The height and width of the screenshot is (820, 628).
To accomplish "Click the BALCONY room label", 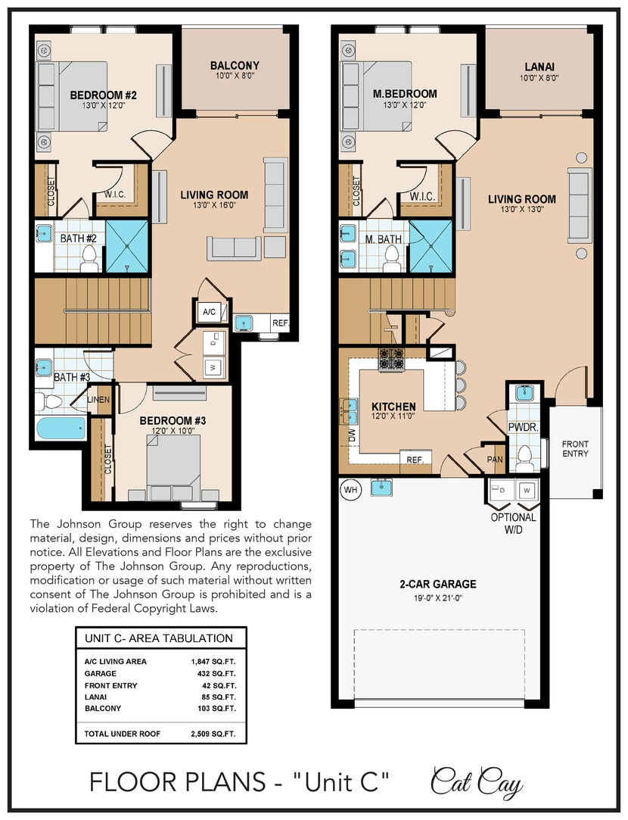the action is [x=235, y=66].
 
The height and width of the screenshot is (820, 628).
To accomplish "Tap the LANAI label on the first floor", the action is [x=539, y=67].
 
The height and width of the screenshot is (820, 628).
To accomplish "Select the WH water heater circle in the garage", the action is [x=350, y=489].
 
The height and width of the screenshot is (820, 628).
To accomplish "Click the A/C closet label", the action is [x=209, y=312].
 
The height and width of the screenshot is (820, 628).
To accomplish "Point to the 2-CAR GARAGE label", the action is [x=438, y=584].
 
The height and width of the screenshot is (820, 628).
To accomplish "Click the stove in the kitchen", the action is [x=391, y=360].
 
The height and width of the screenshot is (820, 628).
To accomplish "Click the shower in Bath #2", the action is [x=127, y=246].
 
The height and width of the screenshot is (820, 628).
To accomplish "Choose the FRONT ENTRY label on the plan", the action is [x=575, y=449].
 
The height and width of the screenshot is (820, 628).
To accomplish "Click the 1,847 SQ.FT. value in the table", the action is [x=213, y=662].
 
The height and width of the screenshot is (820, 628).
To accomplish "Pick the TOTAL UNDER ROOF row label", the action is [x=123, y=734].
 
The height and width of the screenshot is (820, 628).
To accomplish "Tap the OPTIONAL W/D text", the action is [x=513, y=523].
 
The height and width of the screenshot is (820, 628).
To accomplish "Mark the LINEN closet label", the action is [x=99, y=400].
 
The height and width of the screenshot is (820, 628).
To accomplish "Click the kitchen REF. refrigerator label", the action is [x=415, y=459].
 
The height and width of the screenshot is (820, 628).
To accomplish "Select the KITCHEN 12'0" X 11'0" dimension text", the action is [x=393, y=416].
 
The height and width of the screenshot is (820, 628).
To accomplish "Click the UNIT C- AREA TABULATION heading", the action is [x=159, y=638].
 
